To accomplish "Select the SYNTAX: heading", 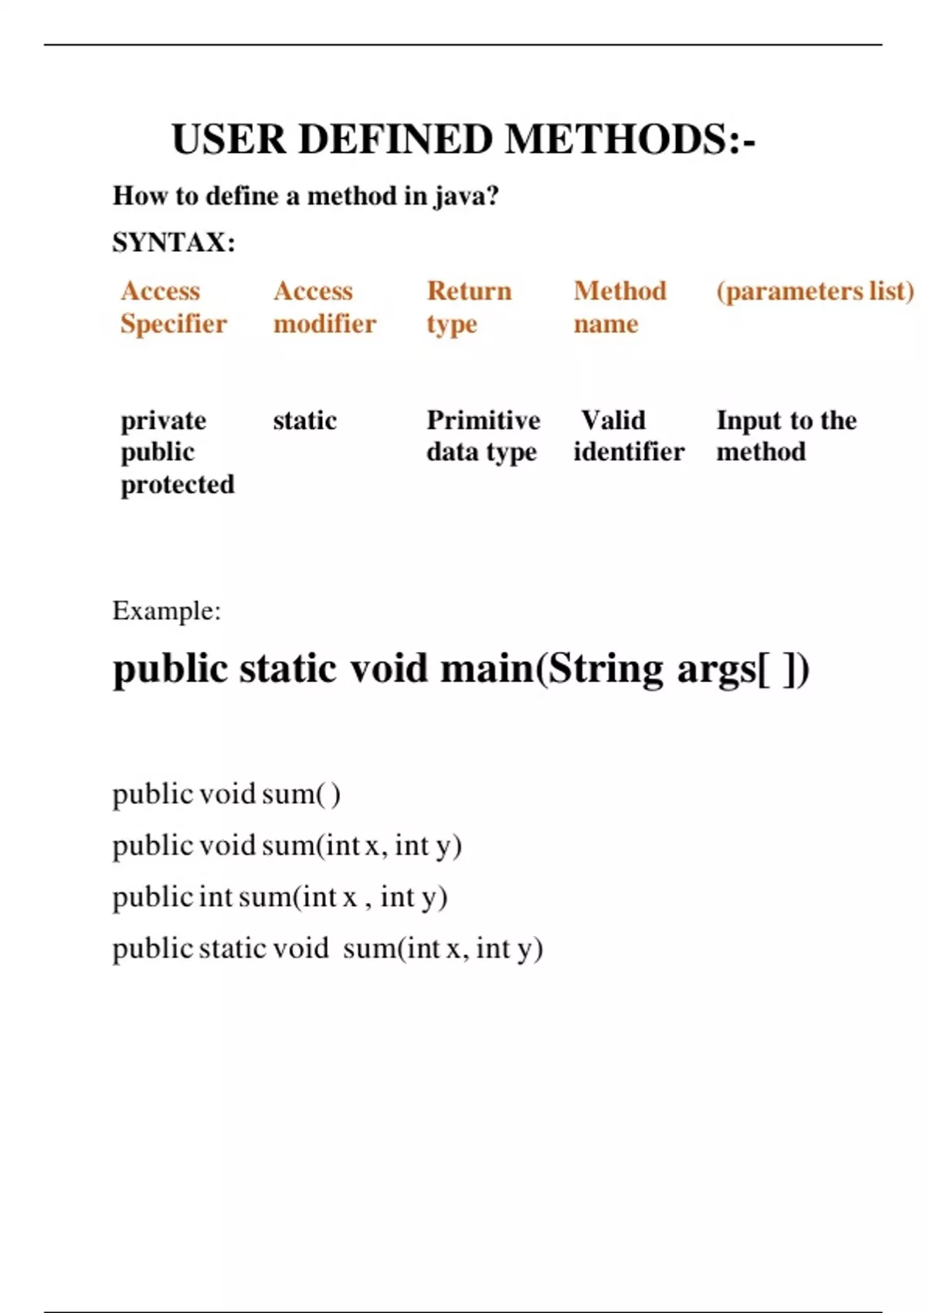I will point(174,243).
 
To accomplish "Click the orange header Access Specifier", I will point(173,307).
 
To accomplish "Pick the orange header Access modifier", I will point(324,307).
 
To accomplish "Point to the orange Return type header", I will point(469,307).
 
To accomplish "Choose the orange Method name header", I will point(620,307).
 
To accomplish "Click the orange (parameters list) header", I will point(815,291).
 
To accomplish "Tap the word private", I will point(163,420).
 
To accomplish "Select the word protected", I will point(177,484).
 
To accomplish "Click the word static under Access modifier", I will point(304,420).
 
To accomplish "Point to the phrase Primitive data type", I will point(483,436).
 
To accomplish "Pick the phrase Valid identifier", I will point(628,436).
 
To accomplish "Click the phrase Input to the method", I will point(786,436).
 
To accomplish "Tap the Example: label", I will point(166,611).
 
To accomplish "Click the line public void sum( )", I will point(226,794).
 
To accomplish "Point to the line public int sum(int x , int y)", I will point(280,897).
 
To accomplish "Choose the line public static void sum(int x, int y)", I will point(328,948).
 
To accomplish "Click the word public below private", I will point(158,452).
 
